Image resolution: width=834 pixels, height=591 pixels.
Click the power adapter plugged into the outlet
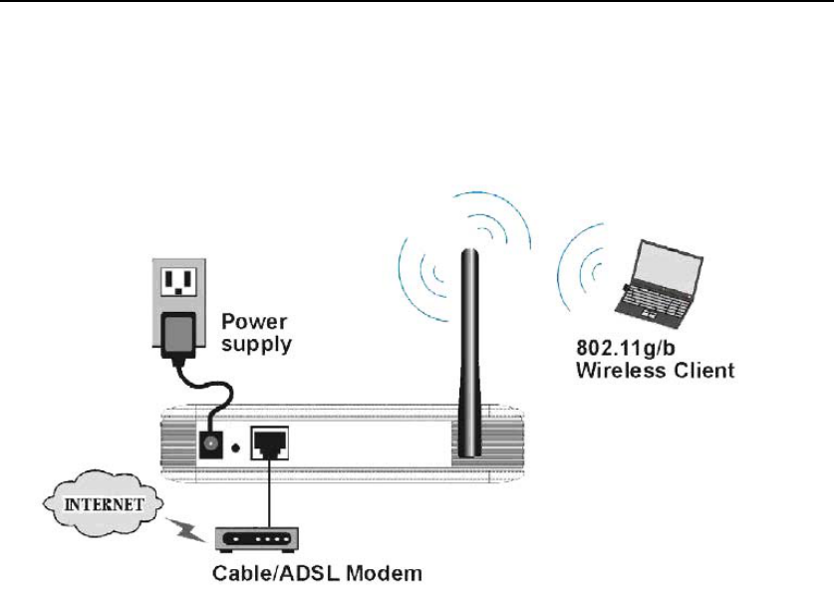(179, 329)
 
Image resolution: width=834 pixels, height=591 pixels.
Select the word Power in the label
(253, 322)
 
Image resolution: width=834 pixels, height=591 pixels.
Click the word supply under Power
(256, 345)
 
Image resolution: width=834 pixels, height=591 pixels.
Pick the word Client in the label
(703, 371)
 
